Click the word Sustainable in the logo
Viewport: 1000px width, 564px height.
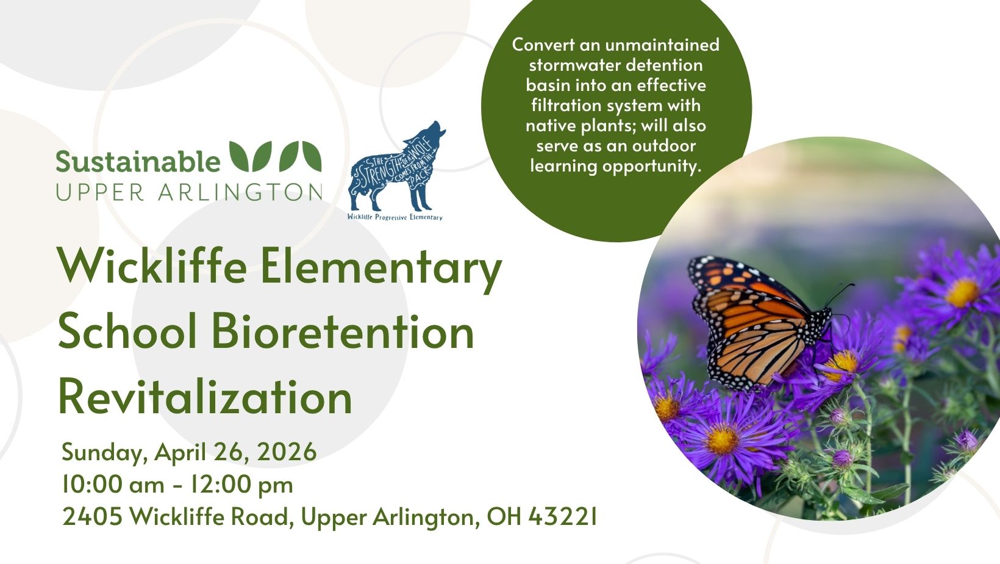pyautogui.click(x=138, y=161)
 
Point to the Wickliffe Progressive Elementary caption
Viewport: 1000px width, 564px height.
pyautogui.click(x=395, y=217)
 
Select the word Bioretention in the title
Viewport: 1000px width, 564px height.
pyautogui.click(x=343, y=332)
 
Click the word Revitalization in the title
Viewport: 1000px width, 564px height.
pyautogui.click(x=205, y=397)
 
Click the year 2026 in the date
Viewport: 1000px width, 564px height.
pyautogui.click(x=287, y=452)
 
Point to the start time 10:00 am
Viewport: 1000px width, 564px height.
pyautogui.click(x=113, y=485)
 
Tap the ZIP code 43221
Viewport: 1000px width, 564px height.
pyautogui.click(x=562, y=516)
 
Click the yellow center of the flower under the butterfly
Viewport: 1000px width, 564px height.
pyautogui.click(x=842, y=363)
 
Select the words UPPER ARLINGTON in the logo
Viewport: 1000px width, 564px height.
pyautogui.click(x=188, y=192)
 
